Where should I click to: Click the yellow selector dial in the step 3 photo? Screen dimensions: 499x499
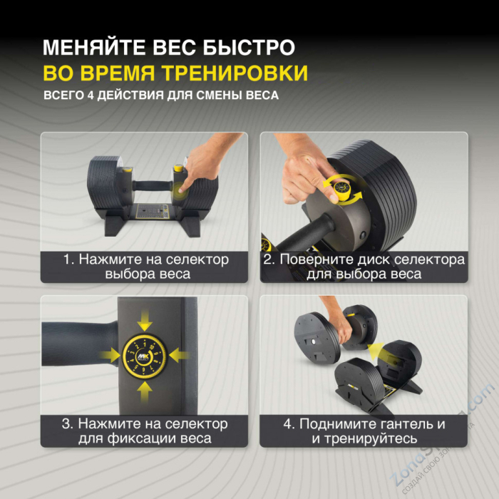[x=145, y=354]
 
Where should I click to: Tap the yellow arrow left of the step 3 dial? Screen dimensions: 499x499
[x=108, y=354]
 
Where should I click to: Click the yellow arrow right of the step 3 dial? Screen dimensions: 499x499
[x=180, y=354]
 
